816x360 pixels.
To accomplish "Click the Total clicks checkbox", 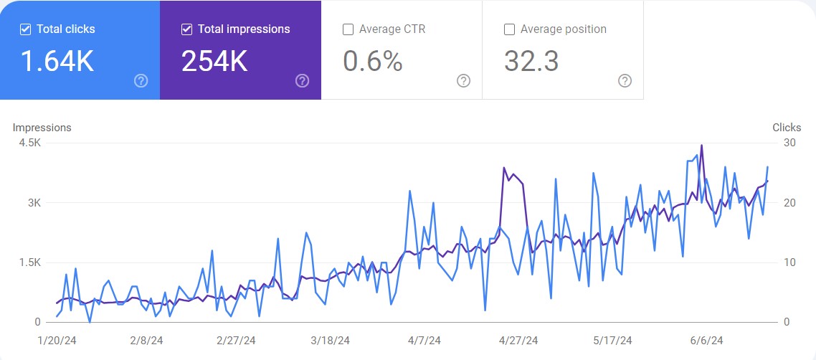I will click(x=25, y=29).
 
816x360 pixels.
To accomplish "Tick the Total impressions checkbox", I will click(x=187, y=29).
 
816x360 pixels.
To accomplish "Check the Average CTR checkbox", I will click(x=348, y=29).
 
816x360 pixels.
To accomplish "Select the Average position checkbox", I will click(x=510, y=29).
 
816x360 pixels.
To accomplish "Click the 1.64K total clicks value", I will click(x=57, y=62).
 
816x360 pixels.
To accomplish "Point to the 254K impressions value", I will click(x=214, y=62).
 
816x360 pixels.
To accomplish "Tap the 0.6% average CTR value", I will click(x=372, y=62).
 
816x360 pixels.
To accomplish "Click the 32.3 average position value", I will click(x=531, y=62).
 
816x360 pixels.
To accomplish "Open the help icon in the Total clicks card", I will click(x=141, y=80).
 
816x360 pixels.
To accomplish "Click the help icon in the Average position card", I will click(x=625, y=80).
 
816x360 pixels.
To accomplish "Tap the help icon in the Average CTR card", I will click(x=464, y=80).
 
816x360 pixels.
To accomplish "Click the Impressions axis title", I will click(x=42, y=128).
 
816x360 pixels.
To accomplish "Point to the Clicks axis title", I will click(x=787, y=128).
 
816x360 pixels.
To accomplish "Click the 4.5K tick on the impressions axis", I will click(x=29, y=143).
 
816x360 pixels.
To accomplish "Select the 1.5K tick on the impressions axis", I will click(x=29, y=262).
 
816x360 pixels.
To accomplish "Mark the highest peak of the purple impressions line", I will click(x=701, y=145).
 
